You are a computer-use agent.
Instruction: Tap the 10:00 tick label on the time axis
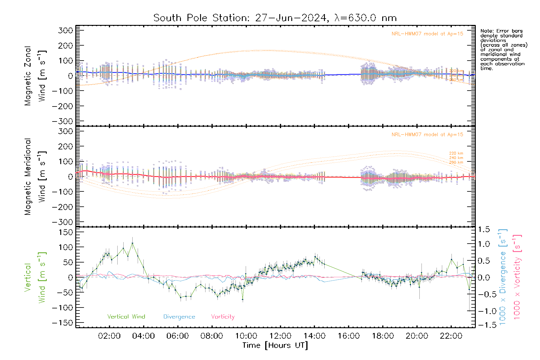pyautogui.click(x=246, y=336)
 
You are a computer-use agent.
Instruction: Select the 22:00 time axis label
pyautogui.click(x=451, y=336)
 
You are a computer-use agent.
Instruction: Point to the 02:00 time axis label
pyautogui.click(x=109, y=336)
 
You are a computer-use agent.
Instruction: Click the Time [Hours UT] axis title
pyautogui.click(x=275, y=346)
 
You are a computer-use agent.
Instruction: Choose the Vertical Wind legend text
pyautogui.click(x=126, y=317)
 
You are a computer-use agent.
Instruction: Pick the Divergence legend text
pyautogui.click(x=179, y=317)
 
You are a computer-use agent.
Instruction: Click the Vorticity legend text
pyautogui.click(x=223, y=317)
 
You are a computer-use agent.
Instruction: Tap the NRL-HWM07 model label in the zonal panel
pyautogui.click(x=427, y=34)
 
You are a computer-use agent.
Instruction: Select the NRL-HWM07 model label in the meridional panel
pyautogui.click(x=427, y=135)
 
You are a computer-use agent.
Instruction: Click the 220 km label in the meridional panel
pyautogui.click(x=456, y=153)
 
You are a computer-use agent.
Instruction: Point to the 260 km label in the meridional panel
pyautogui.click(x=456, y=162)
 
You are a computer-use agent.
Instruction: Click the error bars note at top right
pyautogui.click(x=503, y=49)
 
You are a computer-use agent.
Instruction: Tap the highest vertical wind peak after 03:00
pyautogui.click(x=132, y=243)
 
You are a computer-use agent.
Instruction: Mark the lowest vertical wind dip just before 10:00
pyautogui.click(x=242, y=299)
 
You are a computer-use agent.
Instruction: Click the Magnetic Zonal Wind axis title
pyautogui.click(x=35, y=76)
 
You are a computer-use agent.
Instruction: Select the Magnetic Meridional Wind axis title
pyautogui.click(x=35, y=177)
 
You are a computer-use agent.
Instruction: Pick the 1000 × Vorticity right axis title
pyautogui.click(x=517, y=277)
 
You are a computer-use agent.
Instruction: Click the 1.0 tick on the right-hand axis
pyautogui.click(x=484, y=244)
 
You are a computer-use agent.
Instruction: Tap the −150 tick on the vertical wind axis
pyautogui.click(x=62, y=323)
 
